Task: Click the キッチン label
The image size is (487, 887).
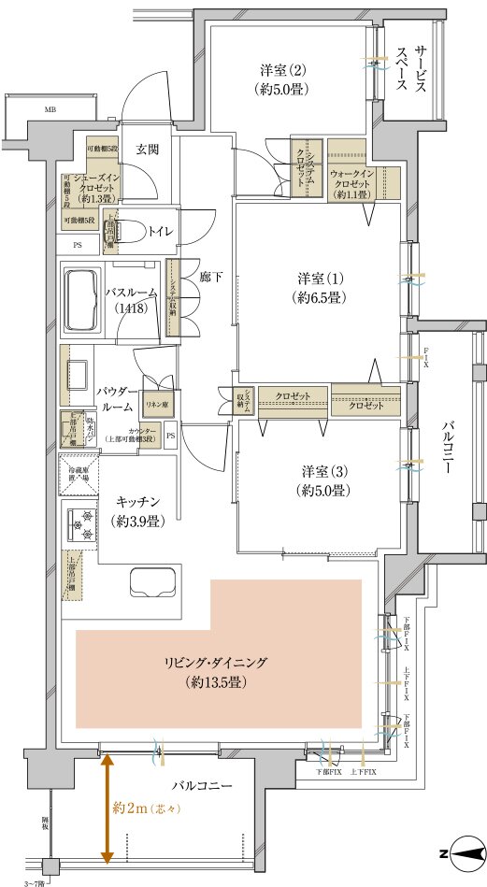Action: tap(136, 510)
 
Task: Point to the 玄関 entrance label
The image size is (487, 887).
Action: tap(146, 149)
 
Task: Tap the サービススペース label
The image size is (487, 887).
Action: tap(409, 71)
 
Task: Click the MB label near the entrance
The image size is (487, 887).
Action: tap(49, 109)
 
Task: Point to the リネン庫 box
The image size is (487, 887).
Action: tap(155, 404)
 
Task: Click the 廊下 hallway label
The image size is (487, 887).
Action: tap(208, 277)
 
